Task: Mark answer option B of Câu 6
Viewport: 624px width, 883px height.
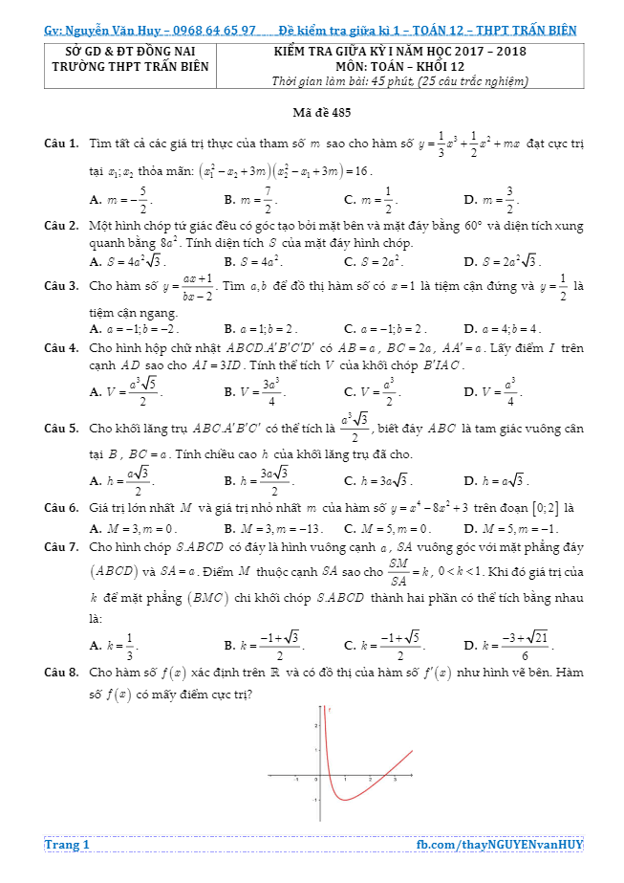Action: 273,527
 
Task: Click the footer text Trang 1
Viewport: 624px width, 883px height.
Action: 67,845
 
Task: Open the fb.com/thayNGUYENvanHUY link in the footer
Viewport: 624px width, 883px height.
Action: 500,845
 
